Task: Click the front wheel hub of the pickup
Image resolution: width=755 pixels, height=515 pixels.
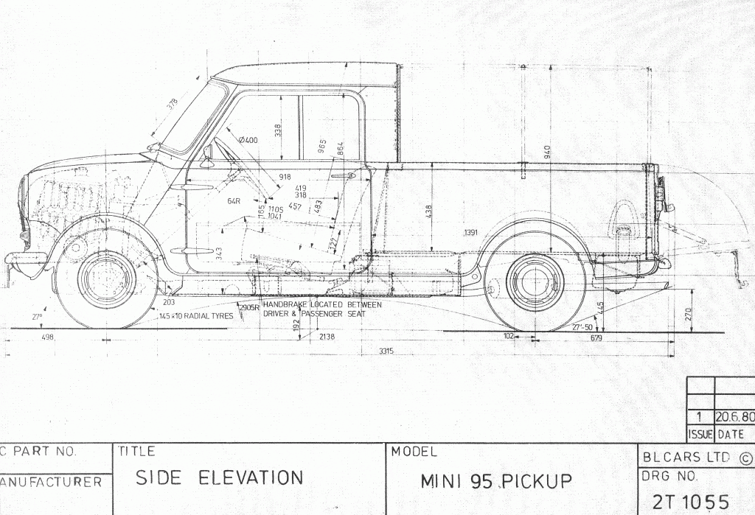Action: coord(107,280)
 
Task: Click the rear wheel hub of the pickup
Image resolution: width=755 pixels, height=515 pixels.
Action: coord(535,283)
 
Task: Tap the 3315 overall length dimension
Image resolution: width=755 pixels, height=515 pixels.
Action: coord(386,351)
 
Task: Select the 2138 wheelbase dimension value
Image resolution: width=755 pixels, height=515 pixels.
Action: coord(327,337)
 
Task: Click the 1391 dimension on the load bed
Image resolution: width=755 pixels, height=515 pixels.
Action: coord(471,233)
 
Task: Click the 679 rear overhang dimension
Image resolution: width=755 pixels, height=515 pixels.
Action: coord(596,338)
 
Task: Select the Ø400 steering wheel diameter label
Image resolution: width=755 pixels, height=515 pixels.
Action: coord(248,140)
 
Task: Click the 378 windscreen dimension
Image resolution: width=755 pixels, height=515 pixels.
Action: coord(173,105)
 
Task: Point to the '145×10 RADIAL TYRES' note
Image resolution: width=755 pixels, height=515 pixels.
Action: coord(195,316)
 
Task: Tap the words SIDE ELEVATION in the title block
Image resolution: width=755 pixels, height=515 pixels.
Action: coord(219,477)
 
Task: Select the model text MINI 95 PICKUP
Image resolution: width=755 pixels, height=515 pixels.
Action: coord(496,481)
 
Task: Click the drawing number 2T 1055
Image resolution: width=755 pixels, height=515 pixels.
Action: coord(691,501)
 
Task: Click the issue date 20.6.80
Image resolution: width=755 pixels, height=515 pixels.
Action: coord(734,416)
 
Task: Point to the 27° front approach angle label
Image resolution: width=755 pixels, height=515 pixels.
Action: coord(37,317)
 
